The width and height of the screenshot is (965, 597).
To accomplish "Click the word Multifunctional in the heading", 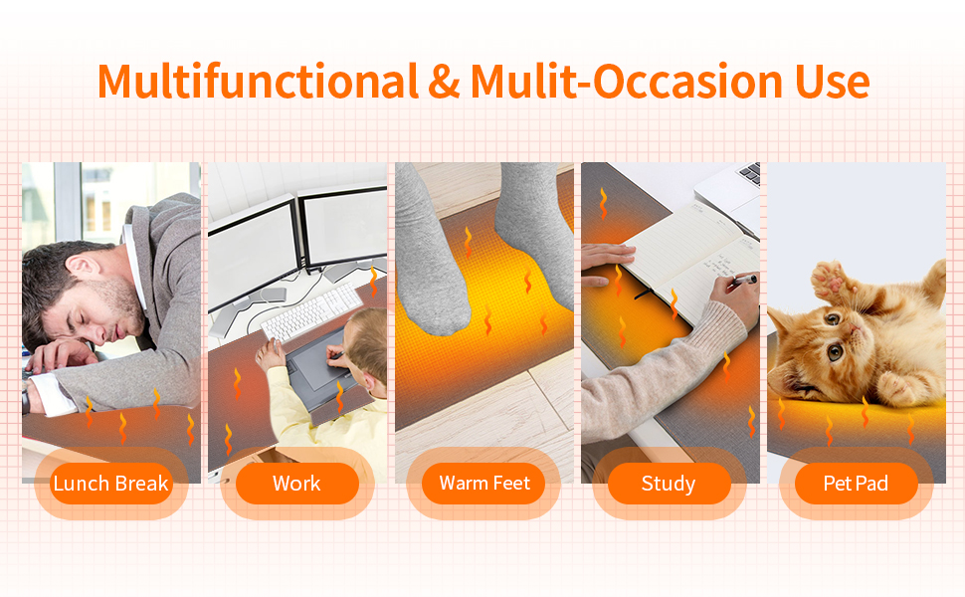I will point(258,82).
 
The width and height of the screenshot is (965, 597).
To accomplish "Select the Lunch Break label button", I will point(111,485).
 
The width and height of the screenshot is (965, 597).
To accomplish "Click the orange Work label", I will point(296,485).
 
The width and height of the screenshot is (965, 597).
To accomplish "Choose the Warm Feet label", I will point(484,485).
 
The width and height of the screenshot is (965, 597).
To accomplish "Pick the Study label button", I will point(669,485).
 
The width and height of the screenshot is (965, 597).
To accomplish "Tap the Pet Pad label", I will point(856,485).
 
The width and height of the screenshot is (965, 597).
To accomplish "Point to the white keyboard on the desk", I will point(308,310).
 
